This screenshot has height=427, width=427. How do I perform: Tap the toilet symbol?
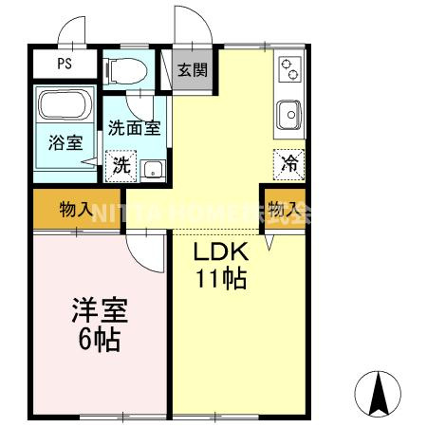coord(126,69)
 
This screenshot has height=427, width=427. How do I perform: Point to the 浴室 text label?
coord(65,144)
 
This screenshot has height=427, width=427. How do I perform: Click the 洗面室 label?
coord(132,128)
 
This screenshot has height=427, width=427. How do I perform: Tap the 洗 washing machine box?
coord(121,164)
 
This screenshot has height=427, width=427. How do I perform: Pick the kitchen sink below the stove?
coord(289,116)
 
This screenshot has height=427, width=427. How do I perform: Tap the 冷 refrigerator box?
coord(289,162)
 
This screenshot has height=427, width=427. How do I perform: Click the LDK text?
coord(221,253)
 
